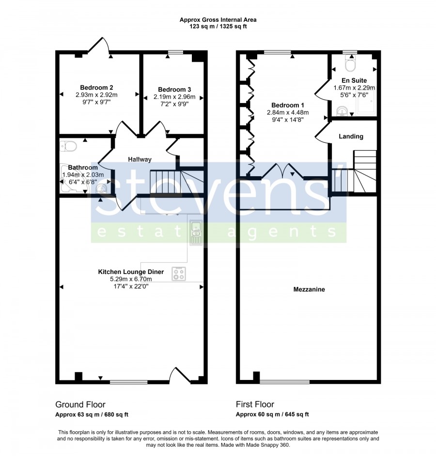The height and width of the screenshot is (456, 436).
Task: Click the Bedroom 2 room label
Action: pyautogui.click(x=96, y=88)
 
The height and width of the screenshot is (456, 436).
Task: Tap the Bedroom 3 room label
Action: pyautogui.click(x=174, y=90)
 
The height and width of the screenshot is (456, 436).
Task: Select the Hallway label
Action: pyautogui.click(x=140, y=159)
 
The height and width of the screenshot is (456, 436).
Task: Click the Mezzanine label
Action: pyautogui.click(x=309, y=289)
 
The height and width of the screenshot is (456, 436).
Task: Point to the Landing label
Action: pyautogui.click(x=351, y=137)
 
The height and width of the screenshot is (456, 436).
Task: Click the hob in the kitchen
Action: pyautogui.click(x=179, y=274)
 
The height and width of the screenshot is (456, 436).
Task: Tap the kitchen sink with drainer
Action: pyautogui.click(x=196, y=233)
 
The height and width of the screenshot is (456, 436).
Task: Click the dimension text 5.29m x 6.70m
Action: pyautogui.click(x=131, y=279)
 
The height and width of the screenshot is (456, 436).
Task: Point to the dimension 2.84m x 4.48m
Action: pyautogui.click(x=288, y=112)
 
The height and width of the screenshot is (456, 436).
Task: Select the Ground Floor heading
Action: pyautogui.click(x=80, y=405)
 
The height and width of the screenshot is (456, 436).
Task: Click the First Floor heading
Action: pyautogui.click(x=255, y=405)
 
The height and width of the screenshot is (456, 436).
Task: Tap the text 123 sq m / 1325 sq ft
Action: pyautogui.click(x=218, y=27)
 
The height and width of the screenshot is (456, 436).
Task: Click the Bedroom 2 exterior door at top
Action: pyautogui.click(x=99, y=46)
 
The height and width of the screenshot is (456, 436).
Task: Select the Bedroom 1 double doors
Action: pyautogui.click(x=283, y=171)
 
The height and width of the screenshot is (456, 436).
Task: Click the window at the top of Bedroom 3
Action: pyautogui.click(x=175, y=52)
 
